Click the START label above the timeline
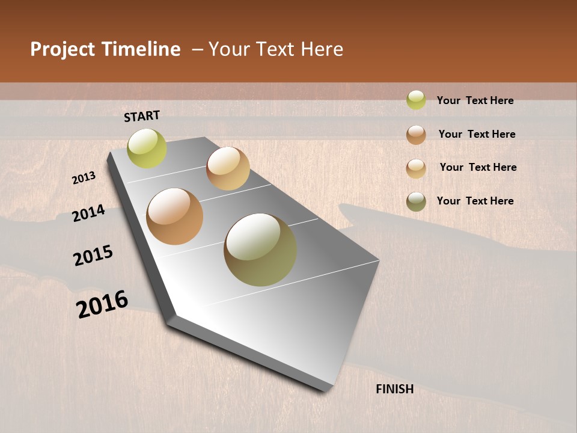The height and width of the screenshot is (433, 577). (142, 116)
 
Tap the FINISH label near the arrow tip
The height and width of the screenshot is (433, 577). (395, 389)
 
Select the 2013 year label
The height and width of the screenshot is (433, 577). (84, 178)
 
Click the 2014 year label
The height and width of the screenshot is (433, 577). (88, 213)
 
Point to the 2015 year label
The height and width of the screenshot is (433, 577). (93, 256)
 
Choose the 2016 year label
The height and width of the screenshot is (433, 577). (102, 304)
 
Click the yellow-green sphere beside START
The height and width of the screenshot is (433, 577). (147, 149)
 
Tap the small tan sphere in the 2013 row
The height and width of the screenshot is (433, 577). (228, 168)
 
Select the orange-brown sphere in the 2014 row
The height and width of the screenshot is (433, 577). (175, 216)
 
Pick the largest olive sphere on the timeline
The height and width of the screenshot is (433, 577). (260, 250)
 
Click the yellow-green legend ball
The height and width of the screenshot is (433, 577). (416, 100)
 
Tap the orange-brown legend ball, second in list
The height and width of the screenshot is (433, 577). (416, 135)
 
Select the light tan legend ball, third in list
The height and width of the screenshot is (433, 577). (416, 168)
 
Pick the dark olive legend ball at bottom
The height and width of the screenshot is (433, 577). (416, 201)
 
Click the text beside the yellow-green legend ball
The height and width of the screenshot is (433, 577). (475, 100)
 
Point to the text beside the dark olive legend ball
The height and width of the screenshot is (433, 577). (475, 201)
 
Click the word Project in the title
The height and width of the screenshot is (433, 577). (63, 49)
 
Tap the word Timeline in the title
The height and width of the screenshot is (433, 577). (141, 49)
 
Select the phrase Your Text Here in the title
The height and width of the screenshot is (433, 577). (276, 49)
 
